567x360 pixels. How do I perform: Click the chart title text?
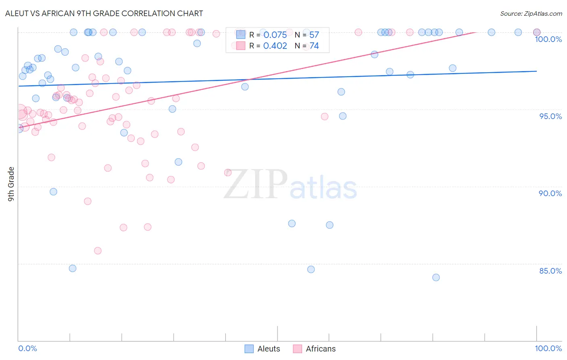pyautogui.click(x=104, y=13)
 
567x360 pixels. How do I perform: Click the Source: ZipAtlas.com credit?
pyautogui.click(x=531, y=14)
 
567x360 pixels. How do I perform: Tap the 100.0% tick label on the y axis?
pyautogui.click(x=548, y=39)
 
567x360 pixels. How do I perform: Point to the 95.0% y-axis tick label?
pyautogui.click(x=550, y=116)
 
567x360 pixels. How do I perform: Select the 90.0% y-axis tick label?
pyautogui.click(x=550, y=193)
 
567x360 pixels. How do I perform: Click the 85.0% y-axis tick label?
pyautogui.click(x=550, y=271)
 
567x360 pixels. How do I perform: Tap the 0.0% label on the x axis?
pyautogui.click(x=27, y=348)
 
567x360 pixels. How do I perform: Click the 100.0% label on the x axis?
pyautogui.click(x=548, y=348)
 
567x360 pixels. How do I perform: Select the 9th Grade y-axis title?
pyautogui.click(x=11, y=184)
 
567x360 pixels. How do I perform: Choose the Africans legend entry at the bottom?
pyautogui.click(x=314, y=349)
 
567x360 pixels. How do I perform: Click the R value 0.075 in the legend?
pyautogui.click(x=275, y=35)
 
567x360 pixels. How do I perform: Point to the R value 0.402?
pyautogui.click(x=275, y=46)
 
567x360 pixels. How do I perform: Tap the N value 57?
pyautogui.click(x=314, y=35)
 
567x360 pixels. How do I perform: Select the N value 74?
pyautogui.click(x=314, y=46)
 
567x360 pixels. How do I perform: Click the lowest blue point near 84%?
pyautogui.click(x=436, y=277)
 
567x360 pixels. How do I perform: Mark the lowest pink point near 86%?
pyautogui.click(x=98, y=251)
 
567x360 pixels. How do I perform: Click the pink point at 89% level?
pyautogui.click(x=88, y=201)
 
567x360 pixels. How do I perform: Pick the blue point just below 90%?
pyautogui.click(x=53, y=192)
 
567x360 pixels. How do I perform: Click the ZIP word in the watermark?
pyautogui.click(x=256, y=184)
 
